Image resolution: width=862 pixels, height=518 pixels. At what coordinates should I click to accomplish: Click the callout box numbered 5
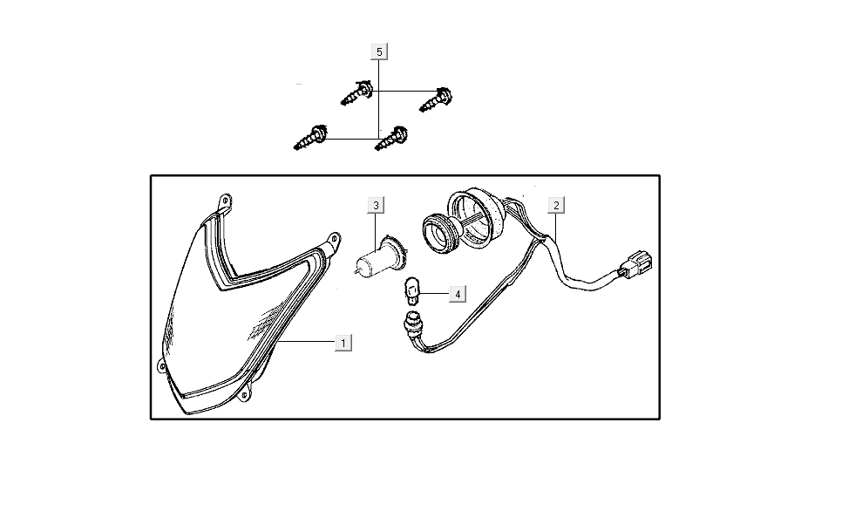379,51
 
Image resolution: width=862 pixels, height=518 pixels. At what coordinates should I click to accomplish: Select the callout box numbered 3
376,205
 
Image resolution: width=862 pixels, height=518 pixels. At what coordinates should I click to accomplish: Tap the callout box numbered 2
556,205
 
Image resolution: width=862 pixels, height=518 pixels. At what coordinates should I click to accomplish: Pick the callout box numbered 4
458,294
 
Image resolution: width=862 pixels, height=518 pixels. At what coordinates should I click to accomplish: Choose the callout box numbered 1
343,343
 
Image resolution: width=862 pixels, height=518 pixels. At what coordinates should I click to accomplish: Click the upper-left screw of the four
356,93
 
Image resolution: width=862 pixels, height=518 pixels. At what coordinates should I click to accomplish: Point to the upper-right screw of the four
436,99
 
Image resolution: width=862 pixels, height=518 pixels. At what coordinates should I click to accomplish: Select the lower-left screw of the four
310,138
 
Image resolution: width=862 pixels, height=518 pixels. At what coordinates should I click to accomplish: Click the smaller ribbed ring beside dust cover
441,233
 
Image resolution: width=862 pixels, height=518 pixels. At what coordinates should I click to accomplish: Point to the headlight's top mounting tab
224,201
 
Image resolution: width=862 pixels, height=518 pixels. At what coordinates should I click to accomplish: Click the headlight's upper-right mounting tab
333,242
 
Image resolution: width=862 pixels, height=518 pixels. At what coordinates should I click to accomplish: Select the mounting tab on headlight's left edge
160,365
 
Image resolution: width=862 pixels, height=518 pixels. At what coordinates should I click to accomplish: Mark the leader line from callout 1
307,342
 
